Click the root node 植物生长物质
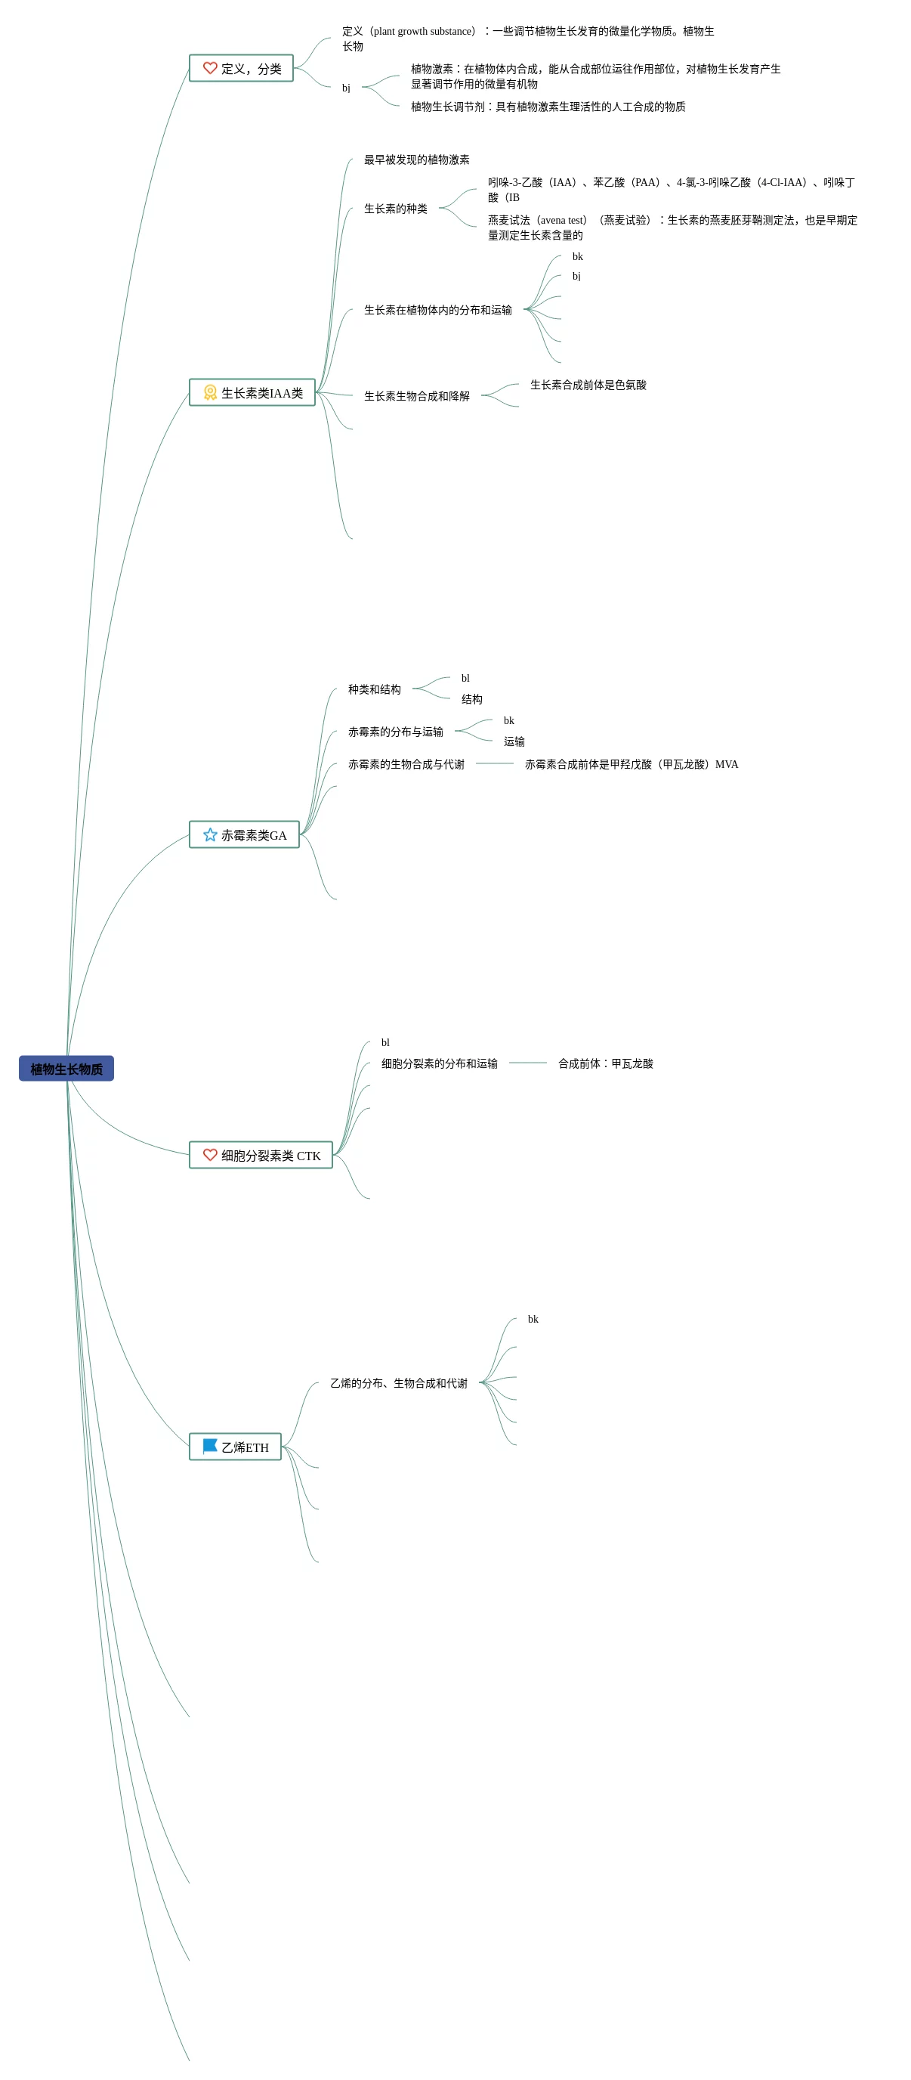click(66, 1068)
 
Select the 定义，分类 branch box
click(240, 69)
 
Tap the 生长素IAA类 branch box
click(252, 392)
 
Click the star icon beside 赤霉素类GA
click(210, 834)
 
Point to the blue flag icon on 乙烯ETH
click(210, 1445)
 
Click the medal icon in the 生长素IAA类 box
click(210, 392)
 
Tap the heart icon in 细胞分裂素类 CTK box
click(210, 1155)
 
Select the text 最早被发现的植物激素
click(416, 160)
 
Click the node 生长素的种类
click(395, 209)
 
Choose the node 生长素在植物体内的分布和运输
click(437, 310)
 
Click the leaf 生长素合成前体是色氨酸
click(588, 385)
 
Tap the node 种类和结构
click(375, 689)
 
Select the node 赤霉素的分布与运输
click(395, 732)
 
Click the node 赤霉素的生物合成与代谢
click(406, 764)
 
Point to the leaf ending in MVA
click(631, 764)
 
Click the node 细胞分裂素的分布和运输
click(439, 1063)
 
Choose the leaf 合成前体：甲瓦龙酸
click(605, 1063)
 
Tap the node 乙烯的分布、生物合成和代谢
click(399, 1383)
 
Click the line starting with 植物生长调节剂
click(548, 107)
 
